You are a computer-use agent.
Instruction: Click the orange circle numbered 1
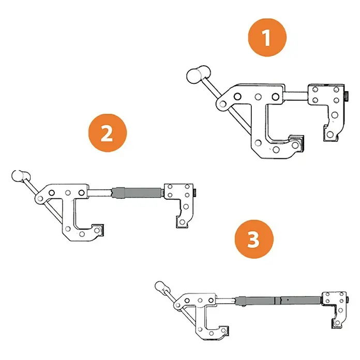tap(267, 37)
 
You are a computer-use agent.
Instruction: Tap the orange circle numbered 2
tap(108, 133)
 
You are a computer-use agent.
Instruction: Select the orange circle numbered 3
tap(254, 239)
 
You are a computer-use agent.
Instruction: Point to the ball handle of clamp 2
tap(21, 176)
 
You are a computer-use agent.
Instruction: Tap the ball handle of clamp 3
tap(162, 287)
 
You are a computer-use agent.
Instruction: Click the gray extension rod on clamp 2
tap(137, 193)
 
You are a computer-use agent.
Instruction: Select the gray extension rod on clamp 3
tap(278, 301)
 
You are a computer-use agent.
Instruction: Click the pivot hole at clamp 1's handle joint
tap(222, 104)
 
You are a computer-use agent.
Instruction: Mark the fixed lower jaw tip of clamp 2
tap(98, 230)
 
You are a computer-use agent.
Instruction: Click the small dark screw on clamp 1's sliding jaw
tap(347, 96)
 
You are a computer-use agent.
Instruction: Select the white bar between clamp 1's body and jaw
tap(296, 96)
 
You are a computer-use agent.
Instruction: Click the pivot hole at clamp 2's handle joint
tap(40, 199)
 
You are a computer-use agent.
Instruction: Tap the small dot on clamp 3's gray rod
tap(288, 299)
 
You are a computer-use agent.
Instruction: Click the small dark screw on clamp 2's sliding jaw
tap(194, 192)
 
